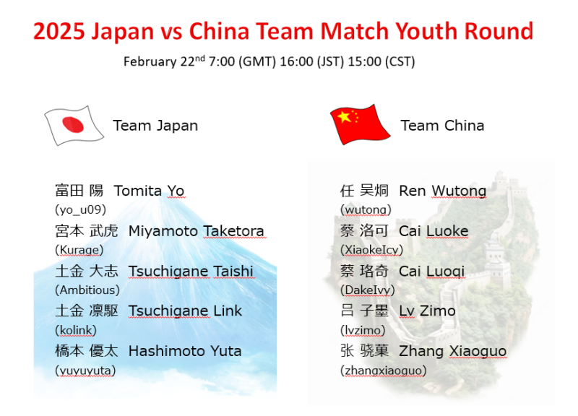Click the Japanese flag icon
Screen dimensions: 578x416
(x=74, y=125)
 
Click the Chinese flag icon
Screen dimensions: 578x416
(x=360, y=124)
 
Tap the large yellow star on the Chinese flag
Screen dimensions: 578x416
(x=344, y=117)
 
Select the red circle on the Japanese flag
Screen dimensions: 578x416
(x=73, y=124)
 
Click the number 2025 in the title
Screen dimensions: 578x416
(x=59, y=30)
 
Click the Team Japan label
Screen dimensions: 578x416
(x=155, y=126)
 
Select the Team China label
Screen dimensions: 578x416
(x=442, y=126)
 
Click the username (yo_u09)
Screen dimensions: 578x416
(x=80, y=209)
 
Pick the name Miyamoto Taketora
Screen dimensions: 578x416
(x=196, y=231)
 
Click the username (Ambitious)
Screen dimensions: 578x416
(x=87, y=290)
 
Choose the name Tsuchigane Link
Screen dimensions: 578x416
(x=185, y=311)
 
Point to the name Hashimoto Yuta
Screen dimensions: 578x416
(x=185, y=351)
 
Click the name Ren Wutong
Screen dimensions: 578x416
(x=442, y=191)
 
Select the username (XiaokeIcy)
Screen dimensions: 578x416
(x=371, y=250)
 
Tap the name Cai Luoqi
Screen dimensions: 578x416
(x=431, y=271)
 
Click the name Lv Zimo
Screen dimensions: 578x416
(x=427, y=311)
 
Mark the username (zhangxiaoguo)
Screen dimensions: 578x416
(x=384, y=370)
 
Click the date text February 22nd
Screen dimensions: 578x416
(x=164, y=61)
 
